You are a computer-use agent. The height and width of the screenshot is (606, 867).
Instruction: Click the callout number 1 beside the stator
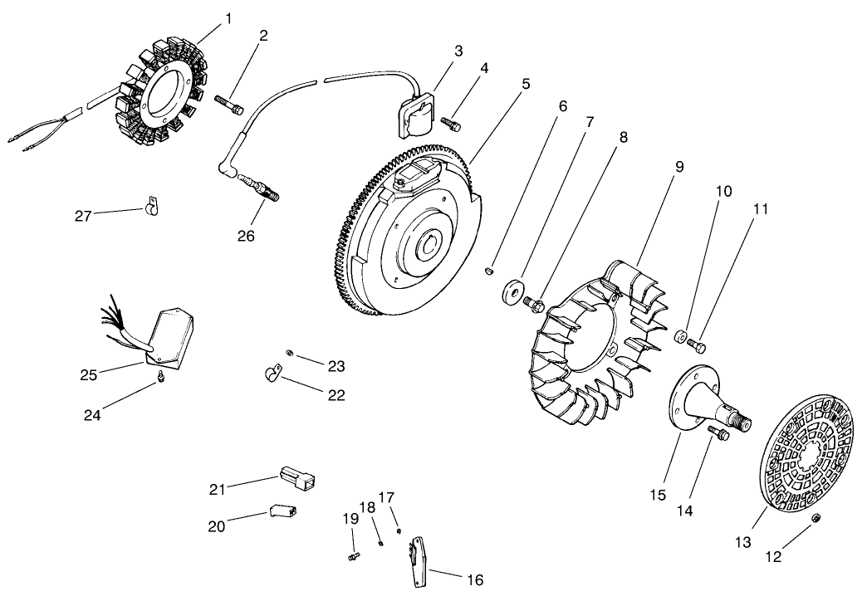click(x=228, y=19)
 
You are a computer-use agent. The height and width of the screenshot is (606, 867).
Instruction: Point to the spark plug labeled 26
click(x=261, y=188)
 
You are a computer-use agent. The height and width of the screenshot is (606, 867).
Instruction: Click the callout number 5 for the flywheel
click(x=526, y=84)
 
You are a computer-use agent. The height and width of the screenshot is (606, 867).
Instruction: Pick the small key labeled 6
click(x=488, y=271)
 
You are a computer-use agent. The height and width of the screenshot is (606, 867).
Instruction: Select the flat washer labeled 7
click(x=512, y=292)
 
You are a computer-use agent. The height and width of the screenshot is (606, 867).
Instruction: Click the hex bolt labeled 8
click(x=535, y=303)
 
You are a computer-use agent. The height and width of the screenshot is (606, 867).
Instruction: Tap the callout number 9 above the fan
click(x=679, y=166)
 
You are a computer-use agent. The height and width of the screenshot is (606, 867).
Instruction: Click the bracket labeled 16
click(x=419, y=561)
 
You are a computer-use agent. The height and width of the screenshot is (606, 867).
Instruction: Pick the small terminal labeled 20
click(x=282, y=511)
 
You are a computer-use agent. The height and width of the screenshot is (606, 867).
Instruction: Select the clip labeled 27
click(x=149, y=206)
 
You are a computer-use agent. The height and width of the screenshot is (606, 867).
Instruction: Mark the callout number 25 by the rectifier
click(x=89, y=375)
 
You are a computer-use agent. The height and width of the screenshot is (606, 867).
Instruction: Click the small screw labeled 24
click(x=161, y=376)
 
